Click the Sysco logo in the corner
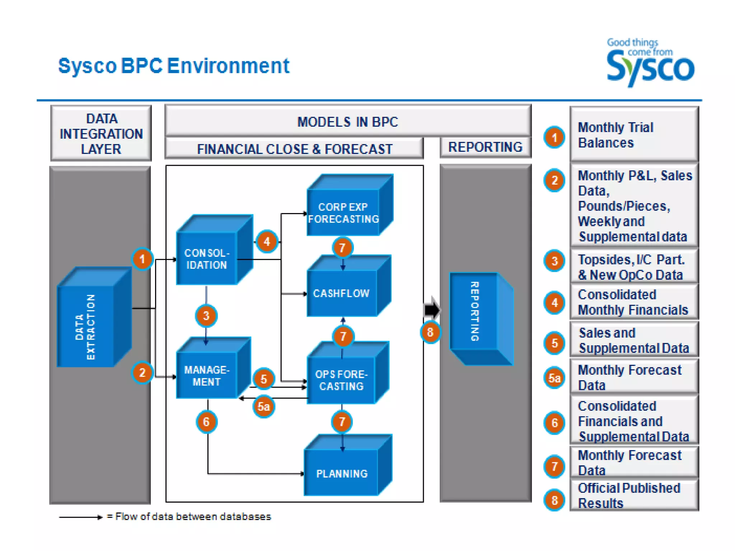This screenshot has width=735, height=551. pos(650,63)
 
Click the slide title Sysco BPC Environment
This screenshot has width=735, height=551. pos(174,66)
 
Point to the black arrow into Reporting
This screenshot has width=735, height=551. pos(432,309)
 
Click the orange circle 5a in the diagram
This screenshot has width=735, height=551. pos(264,406)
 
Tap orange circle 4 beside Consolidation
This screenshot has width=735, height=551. pos(267,241)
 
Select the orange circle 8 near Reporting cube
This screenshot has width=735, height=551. pos(430,332)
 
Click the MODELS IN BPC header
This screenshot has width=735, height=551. pos(347,121)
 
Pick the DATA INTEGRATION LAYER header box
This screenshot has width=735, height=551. pos(101,133)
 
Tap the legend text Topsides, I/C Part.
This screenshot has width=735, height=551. pos(631,259)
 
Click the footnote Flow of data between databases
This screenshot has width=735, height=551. pos(188,517)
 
